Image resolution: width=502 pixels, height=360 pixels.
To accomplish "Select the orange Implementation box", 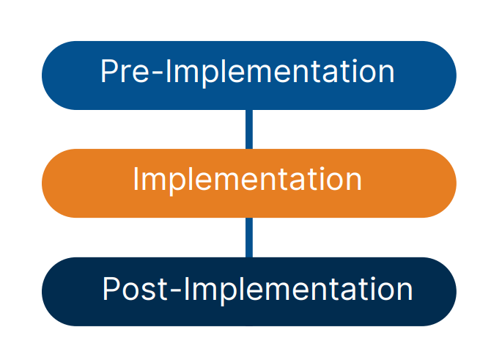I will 249,183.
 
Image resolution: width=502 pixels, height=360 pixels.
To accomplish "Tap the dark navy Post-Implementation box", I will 249,290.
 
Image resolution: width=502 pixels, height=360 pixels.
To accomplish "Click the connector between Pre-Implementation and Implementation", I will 249,129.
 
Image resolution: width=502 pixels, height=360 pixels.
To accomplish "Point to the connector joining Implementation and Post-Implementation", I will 249,237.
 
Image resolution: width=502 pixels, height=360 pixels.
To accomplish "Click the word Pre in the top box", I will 121,72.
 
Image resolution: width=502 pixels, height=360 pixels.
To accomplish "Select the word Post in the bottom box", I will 136,290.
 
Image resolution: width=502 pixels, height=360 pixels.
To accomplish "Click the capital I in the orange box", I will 137,180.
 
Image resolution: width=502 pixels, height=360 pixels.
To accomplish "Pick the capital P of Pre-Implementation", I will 108,72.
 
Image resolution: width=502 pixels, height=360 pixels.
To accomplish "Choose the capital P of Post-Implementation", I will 110,289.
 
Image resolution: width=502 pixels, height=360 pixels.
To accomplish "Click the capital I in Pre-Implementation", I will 161,72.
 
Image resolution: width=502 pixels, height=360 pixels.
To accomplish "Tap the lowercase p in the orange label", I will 174,183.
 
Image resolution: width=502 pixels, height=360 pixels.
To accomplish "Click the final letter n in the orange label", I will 353,183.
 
